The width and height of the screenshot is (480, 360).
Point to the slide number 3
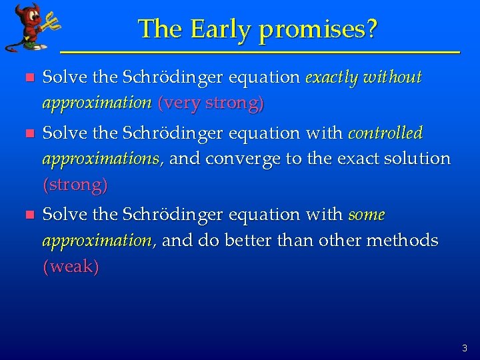[x=464, y=348]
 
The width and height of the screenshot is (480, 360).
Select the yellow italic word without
[x=393, y=78]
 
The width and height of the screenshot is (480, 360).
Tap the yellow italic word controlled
[x=385, y=133]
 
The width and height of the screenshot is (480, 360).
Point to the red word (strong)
[x=75, y=185]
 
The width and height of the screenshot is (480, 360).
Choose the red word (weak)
[x=71, y=267]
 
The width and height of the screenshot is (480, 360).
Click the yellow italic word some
[x=366, y=215]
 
